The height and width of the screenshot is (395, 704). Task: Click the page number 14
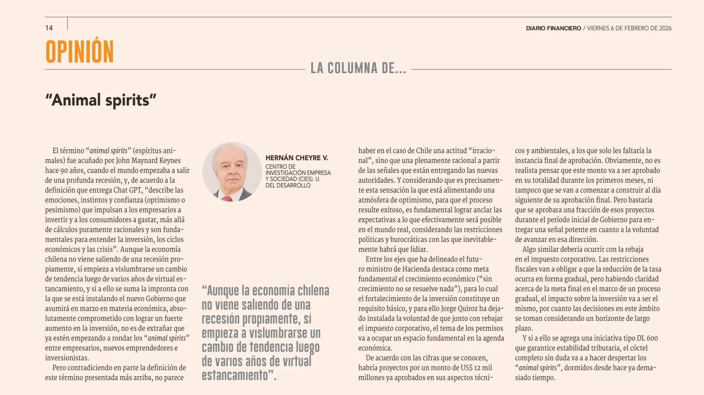click(49, 28)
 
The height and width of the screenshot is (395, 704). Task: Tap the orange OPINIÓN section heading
click(80, 52)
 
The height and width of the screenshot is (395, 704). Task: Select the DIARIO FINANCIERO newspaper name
click(553, 28)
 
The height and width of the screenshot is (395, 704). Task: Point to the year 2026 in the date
click(665, 28)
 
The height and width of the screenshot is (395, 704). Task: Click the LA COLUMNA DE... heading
click(358, 68)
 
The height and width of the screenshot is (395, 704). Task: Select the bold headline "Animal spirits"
click(101, 100)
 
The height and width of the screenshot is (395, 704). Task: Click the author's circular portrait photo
click(232, 172)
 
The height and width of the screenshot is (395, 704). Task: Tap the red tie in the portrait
click(227, 199)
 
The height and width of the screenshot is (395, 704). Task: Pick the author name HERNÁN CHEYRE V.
click(297, 158)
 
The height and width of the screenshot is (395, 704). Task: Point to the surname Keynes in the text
click(170, 161)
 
